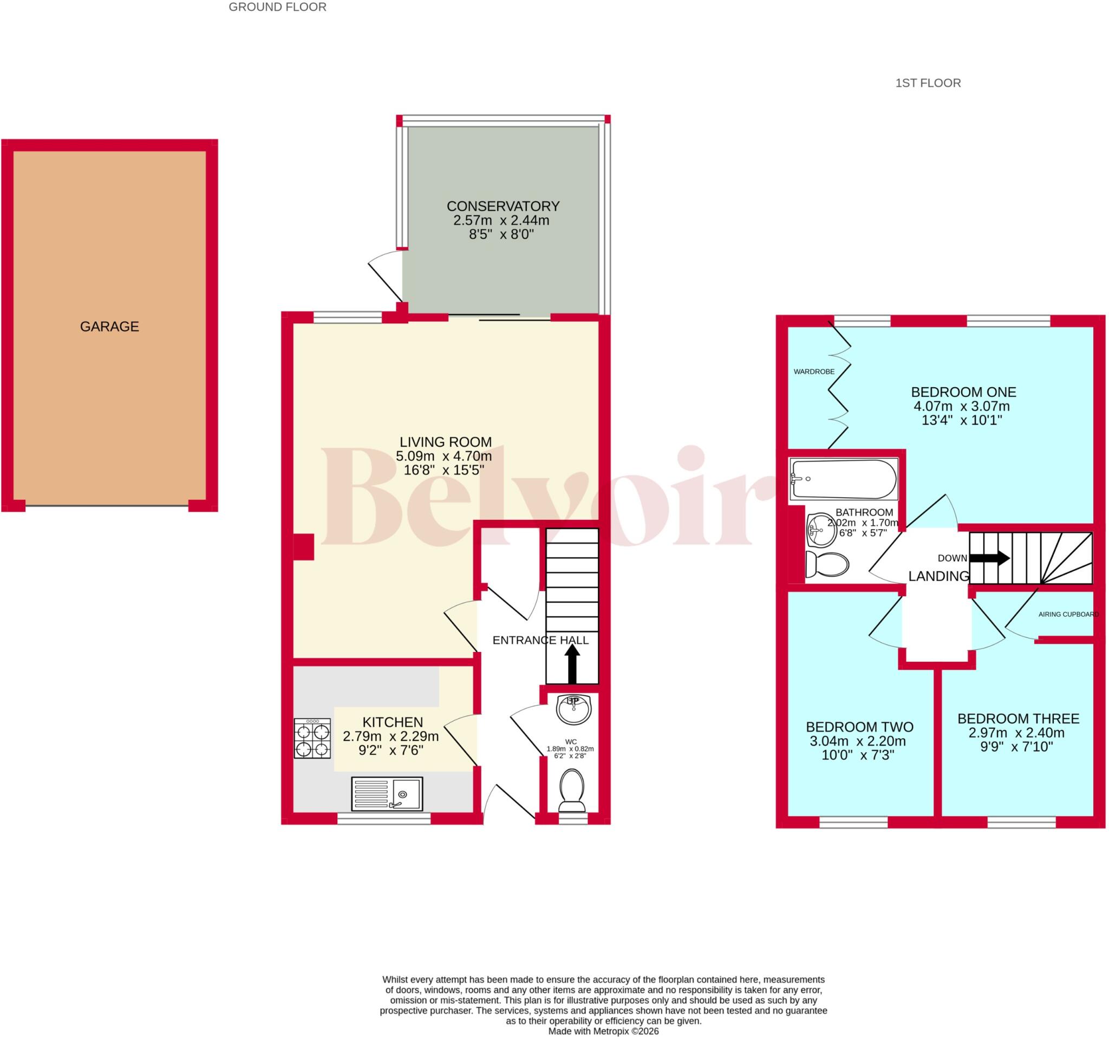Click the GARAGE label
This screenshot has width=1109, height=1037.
tap(109, 327)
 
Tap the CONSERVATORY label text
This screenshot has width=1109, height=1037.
tap(503, 206)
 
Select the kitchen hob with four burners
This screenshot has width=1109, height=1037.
tap(312, 738)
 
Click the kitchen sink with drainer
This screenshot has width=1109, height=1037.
tap(387, 793)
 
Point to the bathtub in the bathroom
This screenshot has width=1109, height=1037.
tap(844, 479)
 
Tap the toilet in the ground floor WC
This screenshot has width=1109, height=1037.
tap(572, 791)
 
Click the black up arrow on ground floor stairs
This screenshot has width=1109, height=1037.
tap(572, 663)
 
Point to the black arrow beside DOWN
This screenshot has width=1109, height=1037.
tap(990, 558)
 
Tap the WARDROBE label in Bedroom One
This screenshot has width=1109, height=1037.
tap(814, 371)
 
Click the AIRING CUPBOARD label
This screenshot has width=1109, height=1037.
tap(1068, 614)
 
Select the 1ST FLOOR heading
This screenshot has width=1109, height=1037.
tap(928, 83)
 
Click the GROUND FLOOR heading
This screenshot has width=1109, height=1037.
tap(277, 7)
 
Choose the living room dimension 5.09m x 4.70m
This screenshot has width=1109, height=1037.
tap(443, 456)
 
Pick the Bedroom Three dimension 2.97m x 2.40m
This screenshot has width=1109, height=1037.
tap(1018, 733)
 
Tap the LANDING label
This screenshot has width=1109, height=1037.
tap(939, 576)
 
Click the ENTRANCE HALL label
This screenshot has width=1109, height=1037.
tap(540, 640)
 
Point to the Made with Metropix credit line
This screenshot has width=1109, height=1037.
tap(603, 1032)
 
